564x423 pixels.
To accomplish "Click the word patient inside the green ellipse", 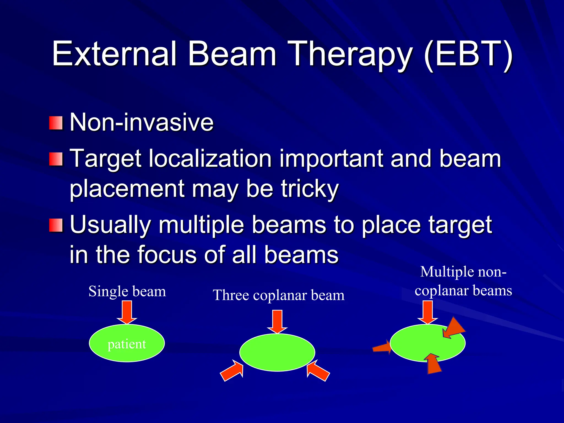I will tap(127, 344).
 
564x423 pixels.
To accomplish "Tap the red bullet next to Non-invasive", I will tap(56, 123).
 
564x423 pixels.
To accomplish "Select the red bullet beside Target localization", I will tap(56, 159).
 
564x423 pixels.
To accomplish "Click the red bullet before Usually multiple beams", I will tap(56, 225).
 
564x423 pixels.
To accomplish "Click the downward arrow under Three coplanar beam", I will tap(277, 321).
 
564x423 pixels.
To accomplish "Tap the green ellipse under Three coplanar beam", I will tap(277, 352).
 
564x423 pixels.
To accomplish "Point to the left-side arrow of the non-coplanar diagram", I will tap(382, 348).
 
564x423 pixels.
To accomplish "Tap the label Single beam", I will tap(127, 291).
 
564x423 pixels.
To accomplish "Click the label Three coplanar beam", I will tap(279, 295).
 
